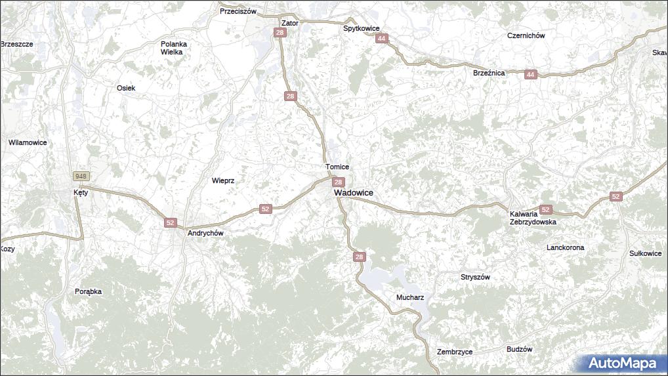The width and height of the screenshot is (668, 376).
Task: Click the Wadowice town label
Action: click(x=353, y=193)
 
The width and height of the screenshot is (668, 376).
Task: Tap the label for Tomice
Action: click(x=337, y=167)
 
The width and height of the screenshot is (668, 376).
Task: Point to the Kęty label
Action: click(x=81, y=193)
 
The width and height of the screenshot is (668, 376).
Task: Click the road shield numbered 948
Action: click(x=81, y=176)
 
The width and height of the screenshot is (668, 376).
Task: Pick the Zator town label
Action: click(x=289, y=23)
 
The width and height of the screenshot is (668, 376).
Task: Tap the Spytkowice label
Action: click(x=362, y=29)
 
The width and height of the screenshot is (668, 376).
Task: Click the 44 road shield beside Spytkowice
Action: click(x=381, y=39)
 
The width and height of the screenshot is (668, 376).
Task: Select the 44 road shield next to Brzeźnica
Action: click(x=530, y=75)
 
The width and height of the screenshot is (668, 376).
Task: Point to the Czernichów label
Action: click(x=526, y=36)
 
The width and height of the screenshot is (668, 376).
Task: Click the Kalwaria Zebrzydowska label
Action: click(x=533, y=218)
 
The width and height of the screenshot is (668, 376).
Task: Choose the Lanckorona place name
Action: click(x=565, y=247)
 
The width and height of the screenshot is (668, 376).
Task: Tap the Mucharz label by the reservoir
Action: click(x=410, y=297)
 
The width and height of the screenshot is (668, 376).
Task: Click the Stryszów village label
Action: click(x=475, y=277)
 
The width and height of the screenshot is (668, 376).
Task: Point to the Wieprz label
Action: click(x=223, y=180)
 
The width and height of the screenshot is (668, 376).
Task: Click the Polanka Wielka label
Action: click(x=174, y=48)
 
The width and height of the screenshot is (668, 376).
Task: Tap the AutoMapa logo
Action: click(x=621, y=363)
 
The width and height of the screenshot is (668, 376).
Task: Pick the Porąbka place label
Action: click(x=88, y=291)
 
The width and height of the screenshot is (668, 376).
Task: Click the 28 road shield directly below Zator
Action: click(x=280, y=33)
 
